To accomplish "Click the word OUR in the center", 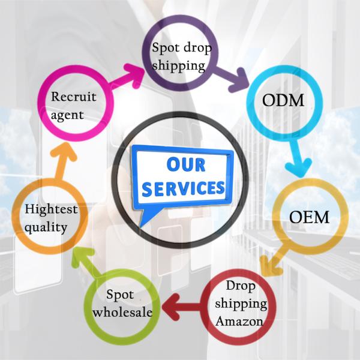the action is (186, 164).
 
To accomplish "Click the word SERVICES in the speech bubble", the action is (183, 188).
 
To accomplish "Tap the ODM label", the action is (283, 100).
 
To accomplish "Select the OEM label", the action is (309, 217).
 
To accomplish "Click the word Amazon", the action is (239, 321).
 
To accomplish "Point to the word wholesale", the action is (122, 312).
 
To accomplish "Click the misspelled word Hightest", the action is (51, 209).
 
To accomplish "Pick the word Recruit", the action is (73, 96).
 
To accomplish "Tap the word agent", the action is (67, 115).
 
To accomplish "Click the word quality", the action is (46, 227).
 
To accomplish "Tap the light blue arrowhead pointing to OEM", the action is (298, 167).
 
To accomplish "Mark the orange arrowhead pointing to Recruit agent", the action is (64, 152).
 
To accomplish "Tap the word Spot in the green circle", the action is (120, 295).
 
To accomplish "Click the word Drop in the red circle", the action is (241, 286).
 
